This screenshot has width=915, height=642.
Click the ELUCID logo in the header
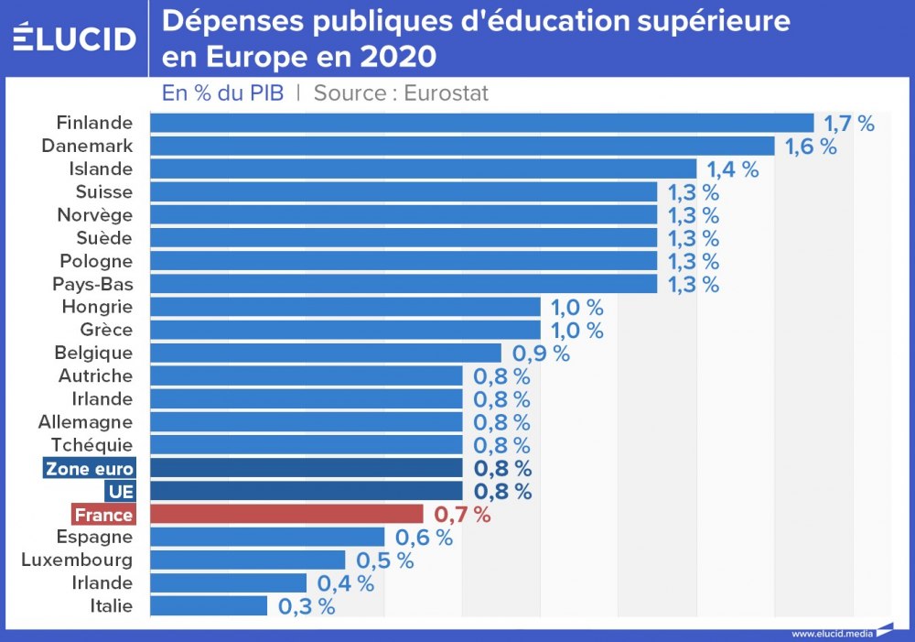point(75,38)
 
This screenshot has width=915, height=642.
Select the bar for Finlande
point(481,123)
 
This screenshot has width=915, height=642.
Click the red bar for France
point(286,514)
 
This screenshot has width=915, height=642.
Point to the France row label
point(103,515)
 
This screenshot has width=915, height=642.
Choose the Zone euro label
point(90,469)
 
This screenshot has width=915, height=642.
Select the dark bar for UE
point(306,491)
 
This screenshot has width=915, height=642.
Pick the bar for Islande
point(423,169)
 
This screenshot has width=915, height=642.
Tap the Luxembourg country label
point(77,560)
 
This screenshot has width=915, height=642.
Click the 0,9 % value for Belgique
point(541,354)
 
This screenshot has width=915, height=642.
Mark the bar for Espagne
point(266,537)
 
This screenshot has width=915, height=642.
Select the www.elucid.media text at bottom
point(832,633)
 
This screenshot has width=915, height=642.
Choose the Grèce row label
point(106,330)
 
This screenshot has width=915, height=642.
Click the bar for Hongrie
point(345,307)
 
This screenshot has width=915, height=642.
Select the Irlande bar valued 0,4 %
point(228,582)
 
